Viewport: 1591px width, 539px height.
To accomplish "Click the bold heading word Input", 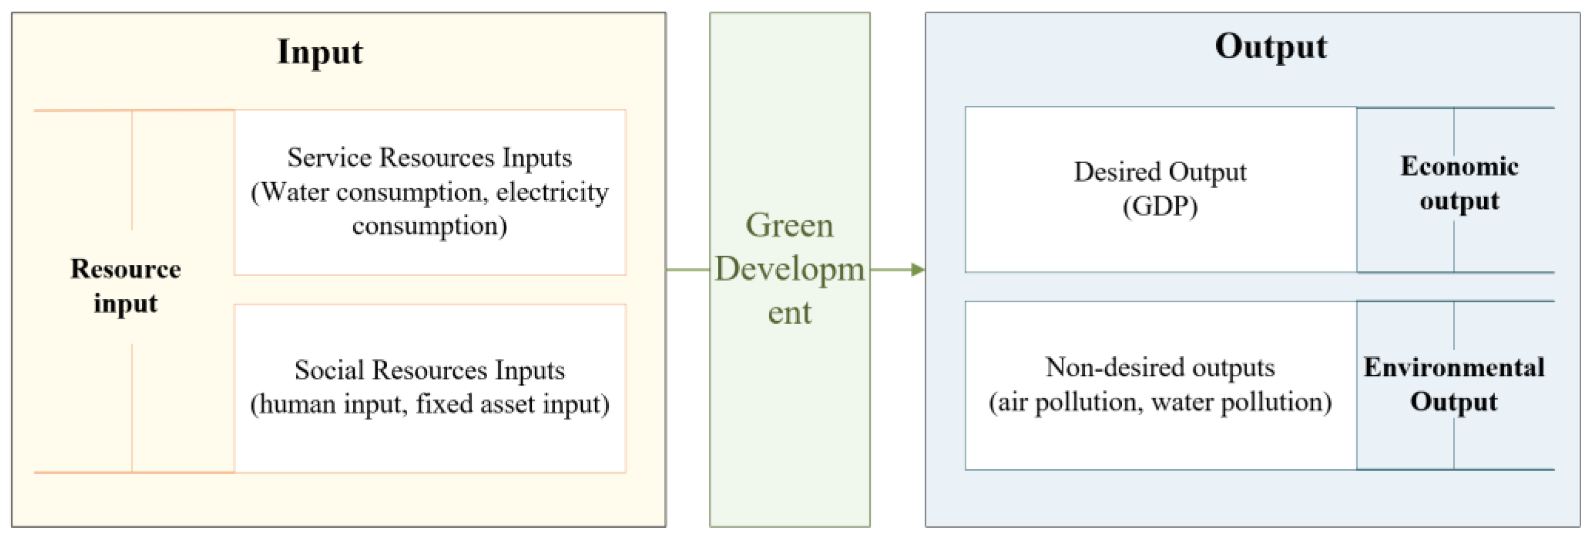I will (319, 52).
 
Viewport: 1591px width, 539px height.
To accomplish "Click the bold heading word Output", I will (1271, 47).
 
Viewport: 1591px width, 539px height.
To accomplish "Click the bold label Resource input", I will (125, 286).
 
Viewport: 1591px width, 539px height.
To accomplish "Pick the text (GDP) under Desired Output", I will (1160, 206).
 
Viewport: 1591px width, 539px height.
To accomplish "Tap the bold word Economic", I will (1459, 167).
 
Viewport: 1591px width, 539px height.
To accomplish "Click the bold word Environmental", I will (1454, 368).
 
